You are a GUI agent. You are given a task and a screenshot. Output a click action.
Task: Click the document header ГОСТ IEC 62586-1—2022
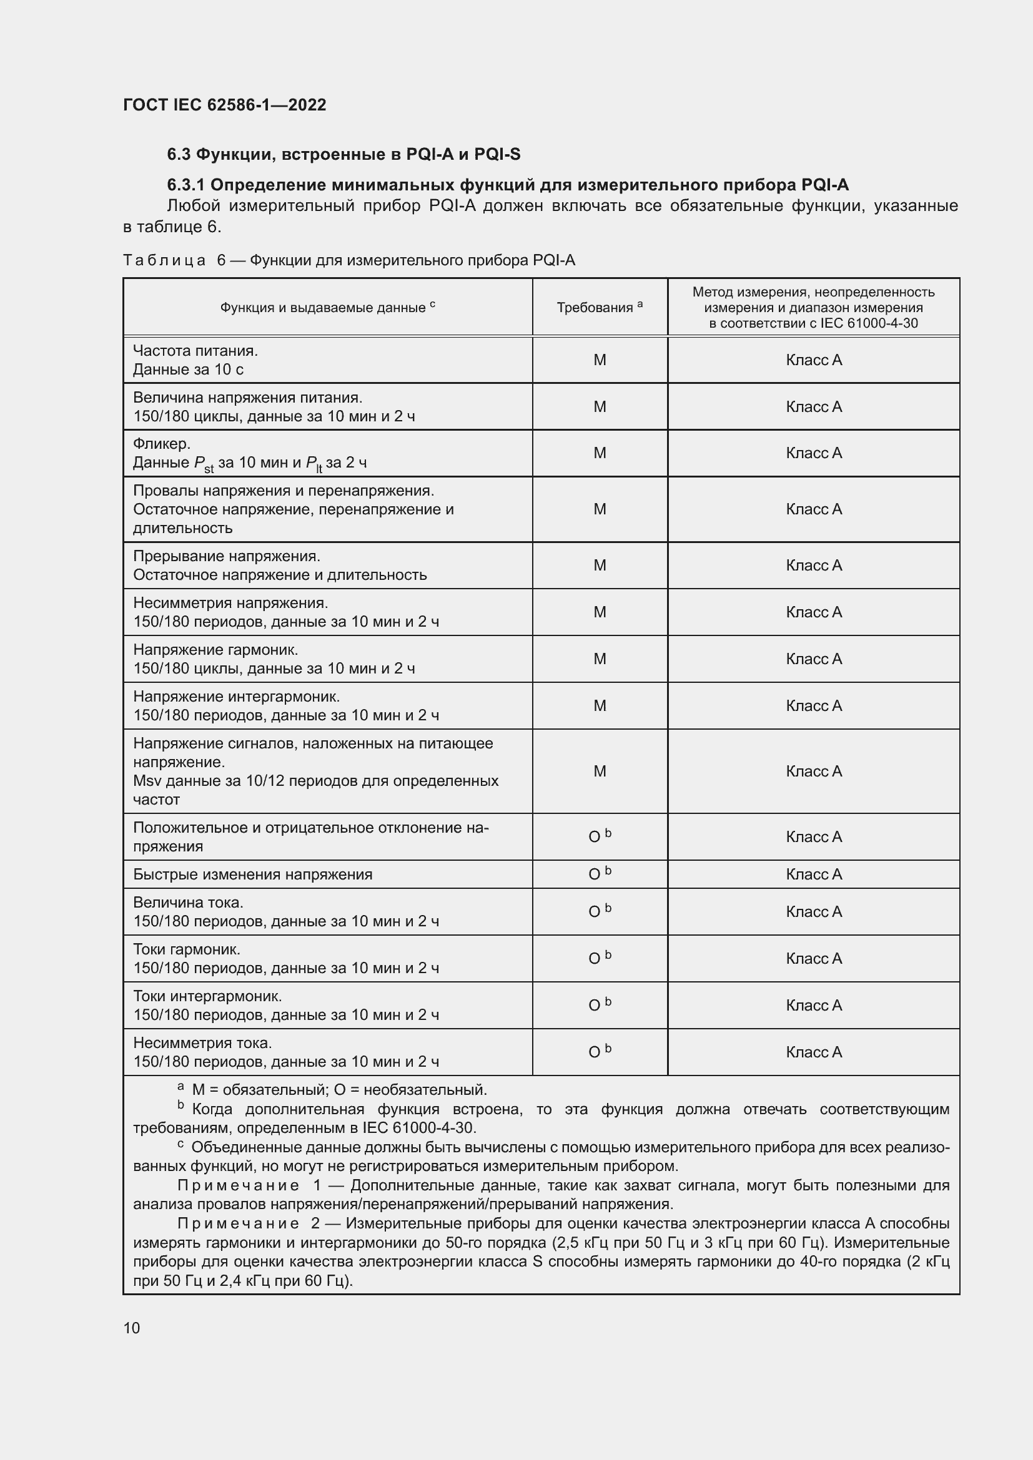point(225,105)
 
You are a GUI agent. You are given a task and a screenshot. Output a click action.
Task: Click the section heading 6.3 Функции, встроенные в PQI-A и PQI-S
point(344,155)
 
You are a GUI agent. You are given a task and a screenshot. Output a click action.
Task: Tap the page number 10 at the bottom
point(132,1328)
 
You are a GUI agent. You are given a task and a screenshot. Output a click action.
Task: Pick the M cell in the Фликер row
point(599,453)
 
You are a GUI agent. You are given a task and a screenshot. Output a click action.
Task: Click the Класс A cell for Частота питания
point(814,360)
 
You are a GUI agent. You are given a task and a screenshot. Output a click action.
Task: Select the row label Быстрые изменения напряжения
point(252,875)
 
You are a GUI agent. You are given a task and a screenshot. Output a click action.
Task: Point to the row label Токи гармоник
point(186,949)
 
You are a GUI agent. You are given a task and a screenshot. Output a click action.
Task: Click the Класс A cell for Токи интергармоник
point(814,1006)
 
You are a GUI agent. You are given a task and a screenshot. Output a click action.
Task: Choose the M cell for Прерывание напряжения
point(599,566)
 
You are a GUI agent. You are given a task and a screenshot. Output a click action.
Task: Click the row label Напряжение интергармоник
point(236,697)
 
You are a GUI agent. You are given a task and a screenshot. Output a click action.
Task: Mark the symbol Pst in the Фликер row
point(204,464)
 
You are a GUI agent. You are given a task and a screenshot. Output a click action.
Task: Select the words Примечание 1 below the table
point(249,1185)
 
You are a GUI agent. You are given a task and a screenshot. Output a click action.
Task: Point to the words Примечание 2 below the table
point(248,1223)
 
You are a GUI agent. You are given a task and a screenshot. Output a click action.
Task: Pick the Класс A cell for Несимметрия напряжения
point(814,612)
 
